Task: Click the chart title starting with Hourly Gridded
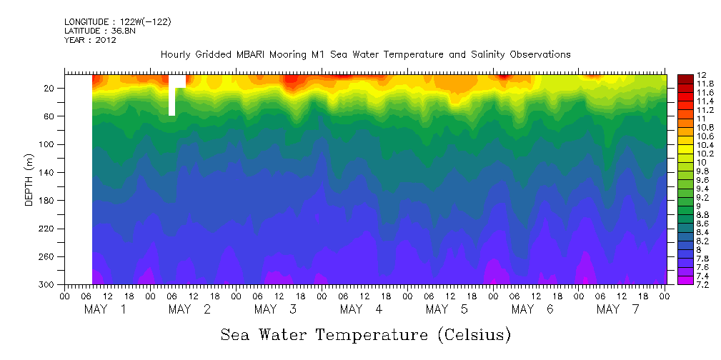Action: pyautogui.click(x=365, y=54)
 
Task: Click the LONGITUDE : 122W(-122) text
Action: pyautogui.click(x=118, y=22)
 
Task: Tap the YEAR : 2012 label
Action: pyautogui.click(x=90, y=40)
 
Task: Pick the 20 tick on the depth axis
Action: pyautogui.click(x=51, y=89)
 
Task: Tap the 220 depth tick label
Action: pyautogui.click(x=49, y=229)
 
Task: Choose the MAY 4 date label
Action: pyautogui.click(x=362, y=309)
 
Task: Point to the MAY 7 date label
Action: pyautogui.click(x=618, y=309)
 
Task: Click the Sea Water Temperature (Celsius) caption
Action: pyautogui.click(x=365, y=335)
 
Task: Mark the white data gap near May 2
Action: pyautogui.click(x=172, y=100)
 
